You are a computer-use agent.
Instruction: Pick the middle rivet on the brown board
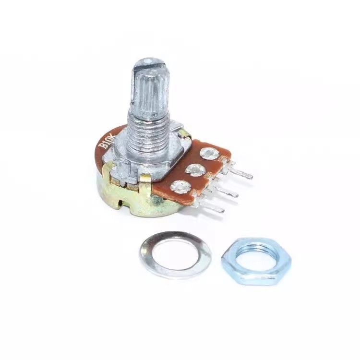[x=195, y=169]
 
